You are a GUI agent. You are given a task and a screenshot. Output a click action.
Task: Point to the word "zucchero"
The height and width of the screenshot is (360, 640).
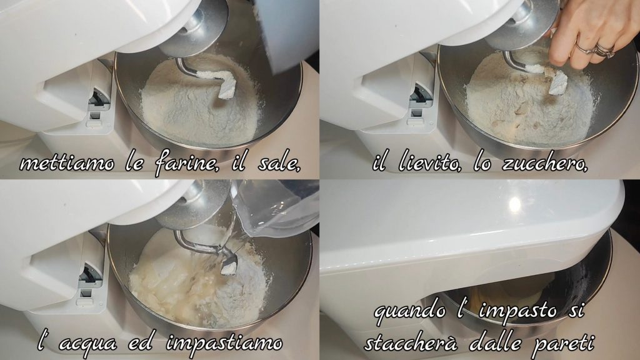tap(545, 163)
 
